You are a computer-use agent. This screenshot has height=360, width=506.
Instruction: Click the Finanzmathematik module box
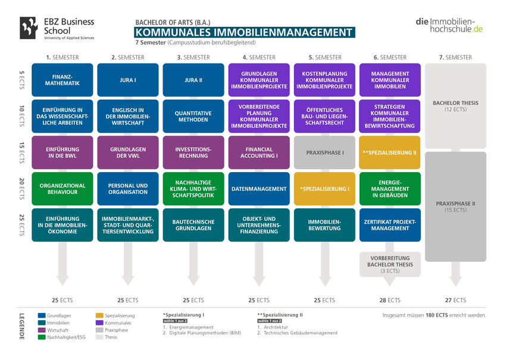pyautogui.click(x=63, y=80)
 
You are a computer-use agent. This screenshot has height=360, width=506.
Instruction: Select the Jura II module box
pyautogui.click(x=193, y=80)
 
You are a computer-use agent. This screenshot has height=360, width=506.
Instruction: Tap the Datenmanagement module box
pyautogui.click(x=259, y=189)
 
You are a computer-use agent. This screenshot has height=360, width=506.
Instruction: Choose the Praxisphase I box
pyautogui.click(x=324, y=152)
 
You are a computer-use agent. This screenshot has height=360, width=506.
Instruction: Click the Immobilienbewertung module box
pyautogui.click(x=324, y=225)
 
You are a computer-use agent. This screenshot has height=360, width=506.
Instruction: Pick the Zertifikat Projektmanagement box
pyautogui.click(x=390, y=225)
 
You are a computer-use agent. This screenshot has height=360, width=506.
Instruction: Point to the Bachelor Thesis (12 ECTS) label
pyautogui.click(x=455, y=106)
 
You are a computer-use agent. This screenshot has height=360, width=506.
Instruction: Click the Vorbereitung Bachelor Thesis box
pyautogui.click(x=390, y=264)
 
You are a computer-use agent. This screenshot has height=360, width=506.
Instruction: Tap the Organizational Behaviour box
pyautogui.click(x=63, y=189)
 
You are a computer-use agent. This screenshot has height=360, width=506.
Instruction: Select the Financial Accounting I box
pyautogui.click(x=259, y=152)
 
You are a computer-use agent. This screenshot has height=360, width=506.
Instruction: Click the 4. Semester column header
pyautogui.click(x=259, y=57)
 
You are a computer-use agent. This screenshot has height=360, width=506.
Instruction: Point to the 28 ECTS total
pyautogui.click(x=390, y=300)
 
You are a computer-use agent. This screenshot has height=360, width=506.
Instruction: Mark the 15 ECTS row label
pyautogui.click(x=21, y=152)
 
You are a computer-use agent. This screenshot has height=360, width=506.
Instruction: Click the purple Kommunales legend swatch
pyautogui.click(x=99, y=323)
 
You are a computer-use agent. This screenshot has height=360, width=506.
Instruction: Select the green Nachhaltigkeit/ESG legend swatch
pyautogui.click(x=42, y=337)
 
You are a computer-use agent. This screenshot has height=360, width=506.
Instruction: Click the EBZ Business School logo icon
pyautogui.click(x=29, y=28)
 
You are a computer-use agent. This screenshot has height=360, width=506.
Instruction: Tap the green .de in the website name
pyautogui.click(x=477, y=29)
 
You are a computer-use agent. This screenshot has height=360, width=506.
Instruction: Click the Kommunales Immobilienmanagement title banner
pyautogui.click(x=245, y=32)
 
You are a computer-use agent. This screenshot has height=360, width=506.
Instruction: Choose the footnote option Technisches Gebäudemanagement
pyautogui.click(x=301, y=333)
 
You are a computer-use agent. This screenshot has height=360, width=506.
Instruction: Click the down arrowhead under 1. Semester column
pyautogui.click(x=63, y=280)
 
